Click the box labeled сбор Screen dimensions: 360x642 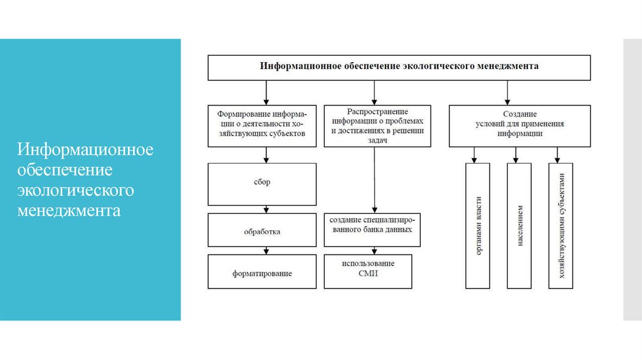point(262,183)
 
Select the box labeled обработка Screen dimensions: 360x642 point(262,231)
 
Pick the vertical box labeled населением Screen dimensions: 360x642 point(519,226)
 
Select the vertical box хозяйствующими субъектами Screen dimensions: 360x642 point(561,226)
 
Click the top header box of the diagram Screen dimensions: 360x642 point(399,66)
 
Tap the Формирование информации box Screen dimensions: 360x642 point(262,125)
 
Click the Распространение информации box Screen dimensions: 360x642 point(374,125)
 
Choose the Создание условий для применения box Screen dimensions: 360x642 point(520,125)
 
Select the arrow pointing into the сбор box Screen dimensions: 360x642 point(266,156)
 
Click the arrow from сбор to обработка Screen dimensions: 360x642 point(266,209)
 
